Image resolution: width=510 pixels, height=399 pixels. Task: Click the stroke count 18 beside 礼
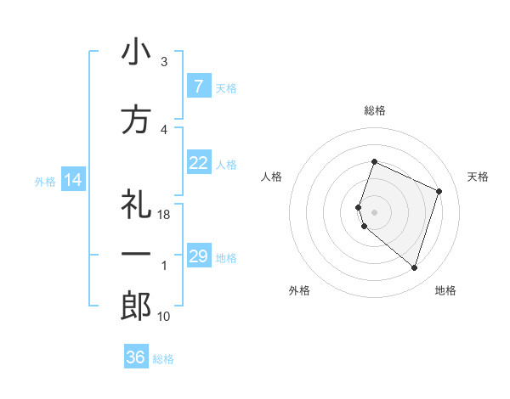click(x=165, y=215)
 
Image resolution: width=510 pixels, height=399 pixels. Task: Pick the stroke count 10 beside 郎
click(x=164, y=317)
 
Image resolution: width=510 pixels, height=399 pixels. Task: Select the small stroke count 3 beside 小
click(x=164, y=62)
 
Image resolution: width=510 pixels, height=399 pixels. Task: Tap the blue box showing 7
click(x=198, y=87)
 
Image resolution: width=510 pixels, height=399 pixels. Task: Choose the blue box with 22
click(x=198, y=163)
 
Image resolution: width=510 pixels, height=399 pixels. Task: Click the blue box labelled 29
click(x=198, y=256)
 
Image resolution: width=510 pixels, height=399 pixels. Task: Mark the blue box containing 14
click(x=73, y=180)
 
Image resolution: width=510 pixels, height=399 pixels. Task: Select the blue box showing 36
click(x=135, y=357)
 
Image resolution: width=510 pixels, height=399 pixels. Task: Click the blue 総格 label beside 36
click(x=163, y=359)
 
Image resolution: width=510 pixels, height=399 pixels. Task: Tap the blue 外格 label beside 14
click(x=45, y=181)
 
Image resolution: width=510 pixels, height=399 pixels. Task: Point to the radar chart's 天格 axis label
click(x=478, y=177)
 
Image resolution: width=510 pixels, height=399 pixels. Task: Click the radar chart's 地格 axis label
click(x=445, y=290)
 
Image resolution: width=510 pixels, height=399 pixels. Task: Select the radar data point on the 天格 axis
click(x=439, y=191)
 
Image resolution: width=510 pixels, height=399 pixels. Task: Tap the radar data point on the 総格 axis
click(x=374, y=162)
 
